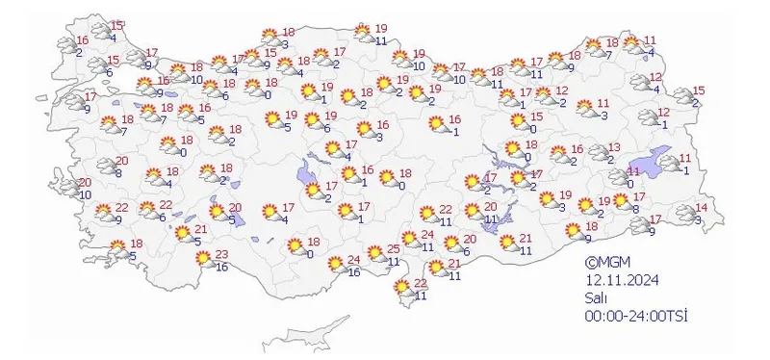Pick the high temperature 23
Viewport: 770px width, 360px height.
click(x=220, y=254)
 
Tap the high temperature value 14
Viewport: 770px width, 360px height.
click(x=701, y=209)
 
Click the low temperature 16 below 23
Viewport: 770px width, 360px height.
click(x=222, y=267)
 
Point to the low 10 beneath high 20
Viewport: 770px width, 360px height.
click(x=85, y=195)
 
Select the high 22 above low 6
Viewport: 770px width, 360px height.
click(x=166, y=205)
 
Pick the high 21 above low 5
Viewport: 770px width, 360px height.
click(x=200, y=229)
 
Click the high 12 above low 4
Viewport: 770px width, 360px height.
click(x=657, y=77)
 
